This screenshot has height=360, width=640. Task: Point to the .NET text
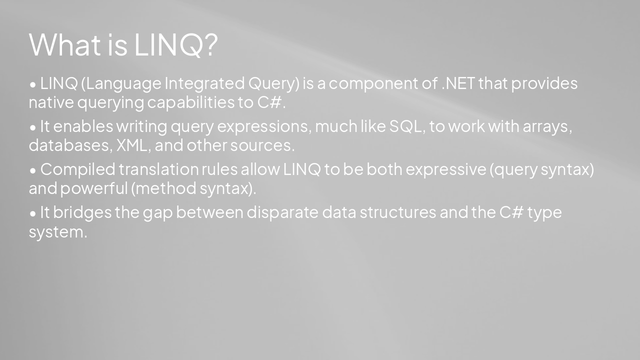click(x=457, y=83)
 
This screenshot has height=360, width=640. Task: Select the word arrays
click(x=546, y=127)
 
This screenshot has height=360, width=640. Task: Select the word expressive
click(x=445, y=170)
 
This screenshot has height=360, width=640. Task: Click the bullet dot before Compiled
click(x=33, y=170)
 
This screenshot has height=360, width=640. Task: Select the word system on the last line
click(x=57, y=232)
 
